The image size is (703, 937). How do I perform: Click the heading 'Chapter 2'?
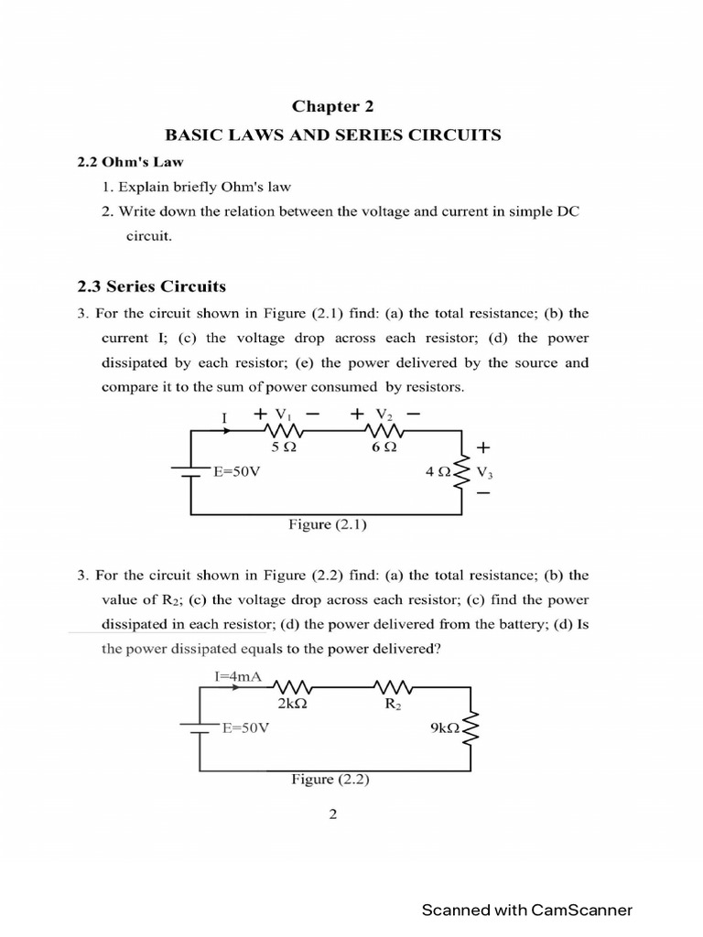(x=332, y=106)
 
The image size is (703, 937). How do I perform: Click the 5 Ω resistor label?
(x=283, y=448)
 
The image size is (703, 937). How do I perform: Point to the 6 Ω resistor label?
(x=384, y=448)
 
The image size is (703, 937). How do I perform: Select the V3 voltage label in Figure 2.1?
(x=484, y=473)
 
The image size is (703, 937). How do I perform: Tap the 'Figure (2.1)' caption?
(x=329, y=525)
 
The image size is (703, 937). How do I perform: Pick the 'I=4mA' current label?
(x=237, y=677)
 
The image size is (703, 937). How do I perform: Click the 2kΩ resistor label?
(x=290, y=705)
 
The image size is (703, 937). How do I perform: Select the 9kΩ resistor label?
(x=446, y=728)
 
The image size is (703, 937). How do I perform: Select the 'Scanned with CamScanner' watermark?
(x=526, y=910)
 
